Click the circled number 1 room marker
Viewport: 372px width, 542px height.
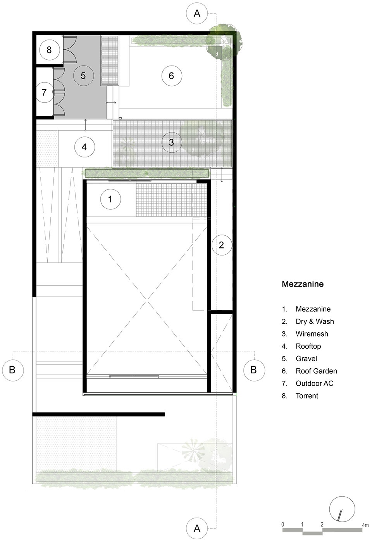click(110, 199)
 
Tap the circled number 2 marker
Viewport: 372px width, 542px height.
click(222, 245)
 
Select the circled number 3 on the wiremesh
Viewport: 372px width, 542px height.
click(172, 142)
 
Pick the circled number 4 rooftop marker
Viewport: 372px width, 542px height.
click(84, 147)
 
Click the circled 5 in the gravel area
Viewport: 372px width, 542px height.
click(83, 76)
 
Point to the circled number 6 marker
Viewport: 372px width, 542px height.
click(172, 76)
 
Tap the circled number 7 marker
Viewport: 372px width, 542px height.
click(44, 92)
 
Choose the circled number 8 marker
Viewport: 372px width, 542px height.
click(49, 50)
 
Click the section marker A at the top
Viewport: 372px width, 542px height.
click(197, 13)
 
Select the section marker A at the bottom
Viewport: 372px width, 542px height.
click(197, 528)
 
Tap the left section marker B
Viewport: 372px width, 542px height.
click(12, 370)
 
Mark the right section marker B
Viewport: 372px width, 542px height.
click(254, 370)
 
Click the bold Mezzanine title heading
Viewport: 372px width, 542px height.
click(303, 284)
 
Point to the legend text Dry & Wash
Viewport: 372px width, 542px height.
click(315, 321)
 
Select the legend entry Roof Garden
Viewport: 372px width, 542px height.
click(316, 371)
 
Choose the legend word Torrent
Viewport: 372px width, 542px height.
click(307, 396)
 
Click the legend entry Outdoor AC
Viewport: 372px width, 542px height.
click(314, 383)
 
